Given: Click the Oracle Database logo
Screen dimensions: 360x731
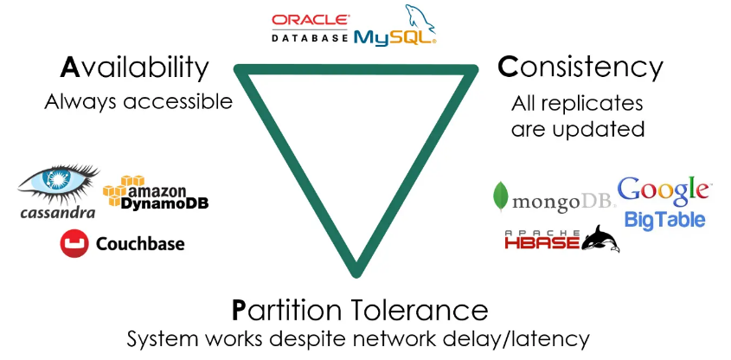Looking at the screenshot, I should tap(310, 28).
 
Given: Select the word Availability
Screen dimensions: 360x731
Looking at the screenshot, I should tap(135, 67).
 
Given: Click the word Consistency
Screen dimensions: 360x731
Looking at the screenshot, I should tap(580, 67).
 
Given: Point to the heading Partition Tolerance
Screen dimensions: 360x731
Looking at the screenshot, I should tap(359, 310).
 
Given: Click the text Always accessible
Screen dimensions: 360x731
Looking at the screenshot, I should tap(138, 101).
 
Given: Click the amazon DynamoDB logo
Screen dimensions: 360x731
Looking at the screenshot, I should tap(156, 195).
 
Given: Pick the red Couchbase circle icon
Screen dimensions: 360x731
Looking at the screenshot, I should tap(74, 244).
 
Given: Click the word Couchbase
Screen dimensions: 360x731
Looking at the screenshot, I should tap(140, 244).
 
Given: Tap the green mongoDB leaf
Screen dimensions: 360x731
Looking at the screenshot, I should tap(501, 198).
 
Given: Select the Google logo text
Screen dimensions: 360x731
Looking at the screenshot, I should tap(664, 190).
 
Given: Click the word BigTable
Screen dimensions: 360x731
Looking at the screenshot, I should tap(664, 220).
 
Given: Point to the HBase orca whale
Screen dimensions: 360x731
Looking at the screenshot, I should tap(600, 238).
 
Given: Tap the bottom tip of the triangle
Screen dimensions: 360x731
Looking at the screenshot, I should tap(356, 273).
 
